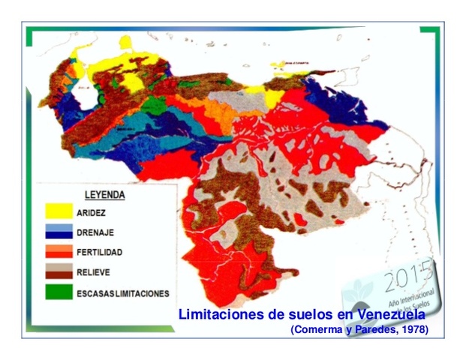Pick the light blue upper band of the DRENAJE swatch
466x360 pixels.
(59, 227)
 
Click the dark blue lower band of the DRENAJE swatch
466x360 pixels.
(59, 235)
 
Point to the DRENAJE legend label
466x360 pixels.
(96, 232)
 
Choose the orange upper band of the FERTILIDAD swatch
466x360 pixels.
(59, 247)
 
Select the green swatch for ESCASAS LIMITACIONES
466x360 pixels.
(59, 292)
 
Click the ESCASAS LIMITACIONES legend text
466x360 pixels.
(122, 293)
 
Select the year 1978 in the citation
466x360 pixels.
(411, 329)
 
